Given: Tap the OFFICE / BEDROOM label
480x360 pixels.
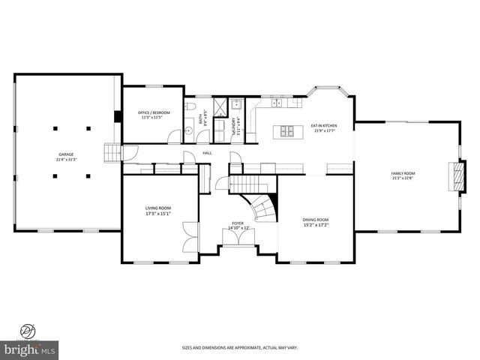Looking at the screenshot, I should click(x=154, y=113).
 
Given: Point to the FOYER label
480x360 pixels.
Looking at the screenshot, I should click(x=238, y=224).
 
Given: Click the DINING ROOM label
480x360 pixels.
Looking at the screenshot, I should click(x=315, y=221).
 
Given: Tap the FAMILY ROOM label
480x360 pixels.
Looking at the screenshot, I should click(x=403, y=175).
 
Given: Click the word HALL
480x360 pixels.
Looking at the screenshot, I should click(x=207, y=153).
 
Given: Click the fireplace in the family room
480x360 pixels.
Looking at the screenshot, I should click(x=451, y=175).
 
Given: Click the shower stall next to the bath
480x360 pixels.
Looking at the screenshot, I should click(x=223, y=106).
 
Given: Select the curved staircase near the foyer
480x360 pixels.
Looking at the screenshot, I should click(x=262, y=206).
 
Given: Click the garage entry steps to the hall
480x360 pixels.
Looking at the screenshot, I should click(x=112, y=153).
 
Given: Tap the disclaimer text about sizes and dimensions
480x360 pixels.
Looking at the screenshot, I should click(x=240, y=347).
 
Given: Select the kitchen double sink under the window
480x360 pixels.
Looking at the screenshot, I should click(x=277, y=103).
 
